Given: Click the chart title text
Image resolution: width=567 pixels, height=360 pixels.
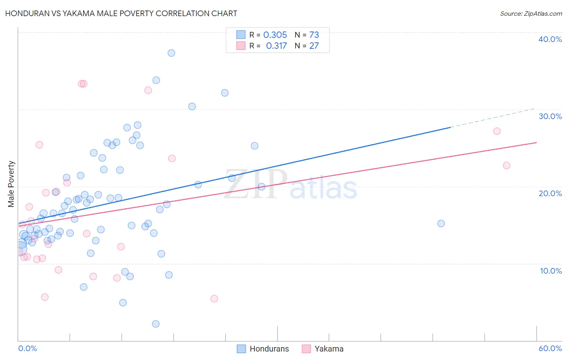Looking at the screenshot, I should (x=121, y=13).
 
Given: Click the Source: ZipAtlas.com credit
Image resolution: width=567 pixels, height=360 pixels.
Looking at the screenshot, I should (x=531, y=13).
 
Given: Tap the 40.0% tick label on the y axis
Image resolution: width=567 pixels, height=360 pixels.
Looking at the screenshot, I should (x=550, y=39).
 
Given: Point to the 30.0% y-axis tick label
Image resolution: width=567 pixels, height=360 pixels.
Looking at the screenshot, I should (x=550, y=116).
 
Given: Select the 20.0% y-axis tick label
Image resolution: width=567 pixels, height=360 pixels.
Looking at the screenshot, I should (x=550, y=193).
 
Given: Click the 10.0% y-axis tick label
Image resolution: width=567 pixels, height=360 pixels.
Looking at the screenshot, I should (x=550, y=271).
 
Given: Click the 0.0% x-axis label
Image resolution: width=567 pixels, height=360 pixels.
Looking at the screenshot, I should (x=27, y=348).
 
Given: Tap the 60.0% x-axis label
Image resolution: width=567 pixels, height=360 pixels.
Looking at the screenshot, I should (x=550, y=348).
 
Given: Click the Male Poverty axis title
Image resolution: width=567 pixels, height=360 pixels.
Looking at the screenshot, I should (x=11, y=184).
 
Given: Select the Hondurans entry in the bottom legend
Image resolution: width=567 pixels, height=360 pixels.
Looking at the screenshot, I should (x=269, y=349).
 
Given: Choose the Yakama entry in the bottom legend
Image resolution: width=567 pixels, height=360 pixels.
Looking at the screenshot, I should (x=329, y=349).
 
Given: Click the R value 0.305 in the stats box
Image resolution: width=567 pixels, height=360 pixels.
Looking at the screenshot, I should (x=275, y=35).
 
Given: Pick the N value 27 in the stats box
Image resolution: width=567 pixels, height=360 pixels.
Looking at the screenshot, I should (x=314, y=46).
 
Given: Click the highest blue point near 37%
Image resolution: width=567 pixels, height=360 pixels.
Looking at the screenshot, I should (x=171, y=53).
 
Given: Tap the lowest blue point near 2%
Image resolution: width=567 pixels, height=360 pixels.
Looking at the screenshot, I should (x=156, y=324).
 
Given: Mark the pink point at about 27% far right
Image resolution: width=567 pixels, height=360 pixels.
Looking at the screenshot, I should (x=497, y=131).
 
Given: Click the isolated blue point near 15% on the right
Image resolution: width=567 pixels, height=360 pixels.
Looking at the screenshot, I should (x=441, y=224).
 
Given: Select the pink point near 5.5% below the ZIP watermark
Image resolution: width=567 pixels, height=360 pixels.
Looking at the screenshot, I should (x=214, y=299).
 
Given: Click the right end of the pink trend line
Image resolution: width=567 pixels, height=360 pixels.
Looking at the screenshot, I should (x=536, y=142).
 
